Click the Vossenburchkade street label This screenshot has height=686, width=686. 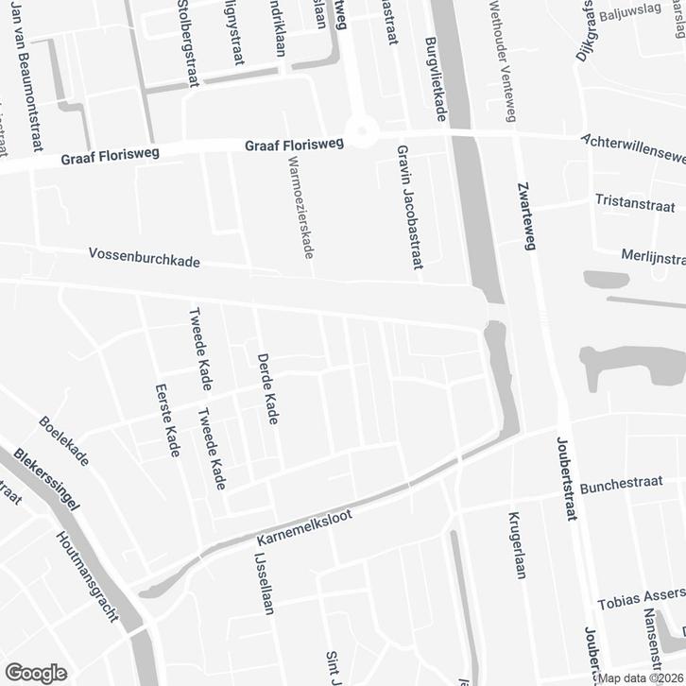[144, 257]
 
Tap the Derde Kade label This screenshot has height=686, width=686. [267, 387]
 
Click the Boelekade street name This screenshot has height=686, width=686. [65, 440]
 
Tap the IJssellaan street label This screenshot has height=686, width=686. [261, 583]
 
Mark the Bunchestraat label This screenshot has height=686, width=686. [626, 488]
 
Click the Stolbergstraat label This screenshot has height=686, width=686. [185, 43]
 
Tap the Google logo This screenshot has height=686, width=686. [35, 672]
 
